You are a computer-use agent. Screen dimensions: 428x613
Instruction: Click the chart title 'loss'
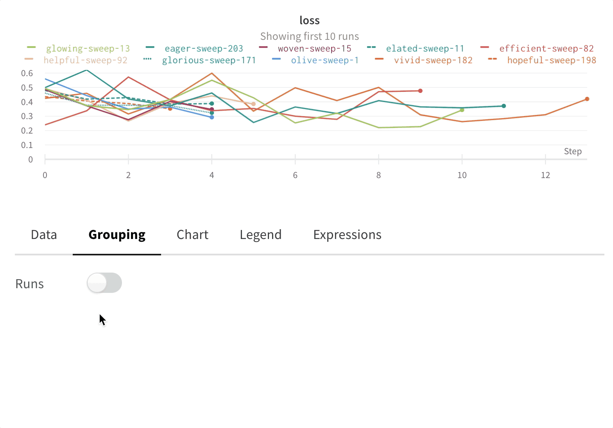tap(309, 20)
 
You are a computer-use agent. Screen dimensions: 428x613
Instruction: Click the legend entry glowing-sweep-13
tap(88, 48)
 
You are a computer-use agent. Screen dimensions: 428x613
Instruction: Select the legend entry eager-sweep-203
tap(204, 48)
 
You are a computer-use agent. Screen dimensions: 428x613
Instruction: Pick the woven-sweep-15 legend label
tap(314, 48)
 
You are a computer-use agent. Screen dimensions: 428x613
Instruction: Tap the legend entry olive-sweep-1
tap(324, 60)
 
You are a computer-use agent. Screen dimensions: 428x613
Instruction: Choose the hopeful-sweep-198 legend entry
tap(551, 60)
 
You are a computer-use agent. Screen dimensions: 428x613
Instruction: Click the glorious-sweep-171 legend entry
tap(209, 60)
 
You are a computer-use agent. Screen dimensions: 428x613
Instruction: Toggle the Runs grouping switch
tap(104, 283)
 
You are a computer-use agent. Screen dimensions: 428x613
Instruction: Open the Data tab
tap(44, 235)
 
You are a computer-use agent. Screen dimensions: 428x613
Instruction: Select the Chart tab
tap(192, 235)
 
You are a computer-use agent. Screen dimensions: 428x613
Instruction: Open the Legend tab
tap(260, 235)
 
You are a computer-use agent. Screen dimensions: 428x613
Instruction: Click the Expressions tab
tap(347, 235)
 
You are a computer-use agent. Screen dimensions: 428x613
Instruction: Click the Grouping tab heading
tap(117, 235)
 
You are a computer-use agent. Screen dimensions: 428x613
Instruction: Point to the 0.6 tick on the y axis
tap(27, 73)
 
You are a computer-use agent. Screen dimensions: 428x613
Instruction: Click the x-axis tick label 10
tap(462, 175)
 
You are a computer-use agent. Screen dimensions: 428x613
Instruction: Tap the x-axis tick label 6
tap(295, 175)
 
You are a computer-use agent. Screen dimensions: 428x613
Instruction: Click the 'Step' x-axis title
tap(572, 152)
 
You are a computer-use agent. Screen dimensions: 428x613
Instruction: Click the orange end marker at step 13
tap(587, 99)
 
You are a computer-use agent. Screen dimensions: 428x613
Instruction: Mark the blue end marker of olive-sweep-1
tap(212, 117)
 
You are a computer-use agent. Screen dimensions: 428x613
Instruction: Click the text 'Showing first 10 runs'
tap(309, 36)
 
